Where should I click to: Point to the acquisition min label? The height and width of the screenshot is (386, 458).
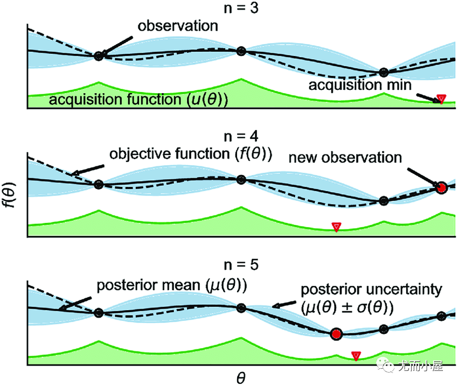(x=360, y=85)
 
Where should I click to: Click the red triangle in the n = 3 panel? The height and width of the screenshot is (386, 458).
(x=441, y=99)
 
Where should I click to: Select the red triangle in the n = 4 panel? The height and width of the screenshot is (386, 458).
(x=336, y=227)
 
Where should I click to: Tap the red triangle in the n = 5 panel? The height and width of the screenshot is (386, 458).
(x=356, y=355)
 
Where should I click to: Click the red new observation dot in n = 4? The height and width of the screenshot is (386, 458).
(x=441, y=188)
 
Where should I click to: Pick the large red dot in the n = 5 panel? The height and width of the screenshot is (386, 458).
(x=337, y=334)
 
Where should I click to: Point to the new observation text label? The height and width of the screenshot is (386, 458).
(x=345, y=158)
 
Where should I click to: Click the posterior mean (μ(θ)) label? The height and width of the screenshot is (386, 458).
(x=171, y=285)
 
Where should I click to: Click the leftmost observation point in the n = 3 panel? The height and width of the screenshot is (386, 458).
(x=98, y=55)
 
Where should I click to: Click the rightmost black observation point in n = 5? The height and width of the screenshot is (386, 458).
(x=441, y=316)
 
